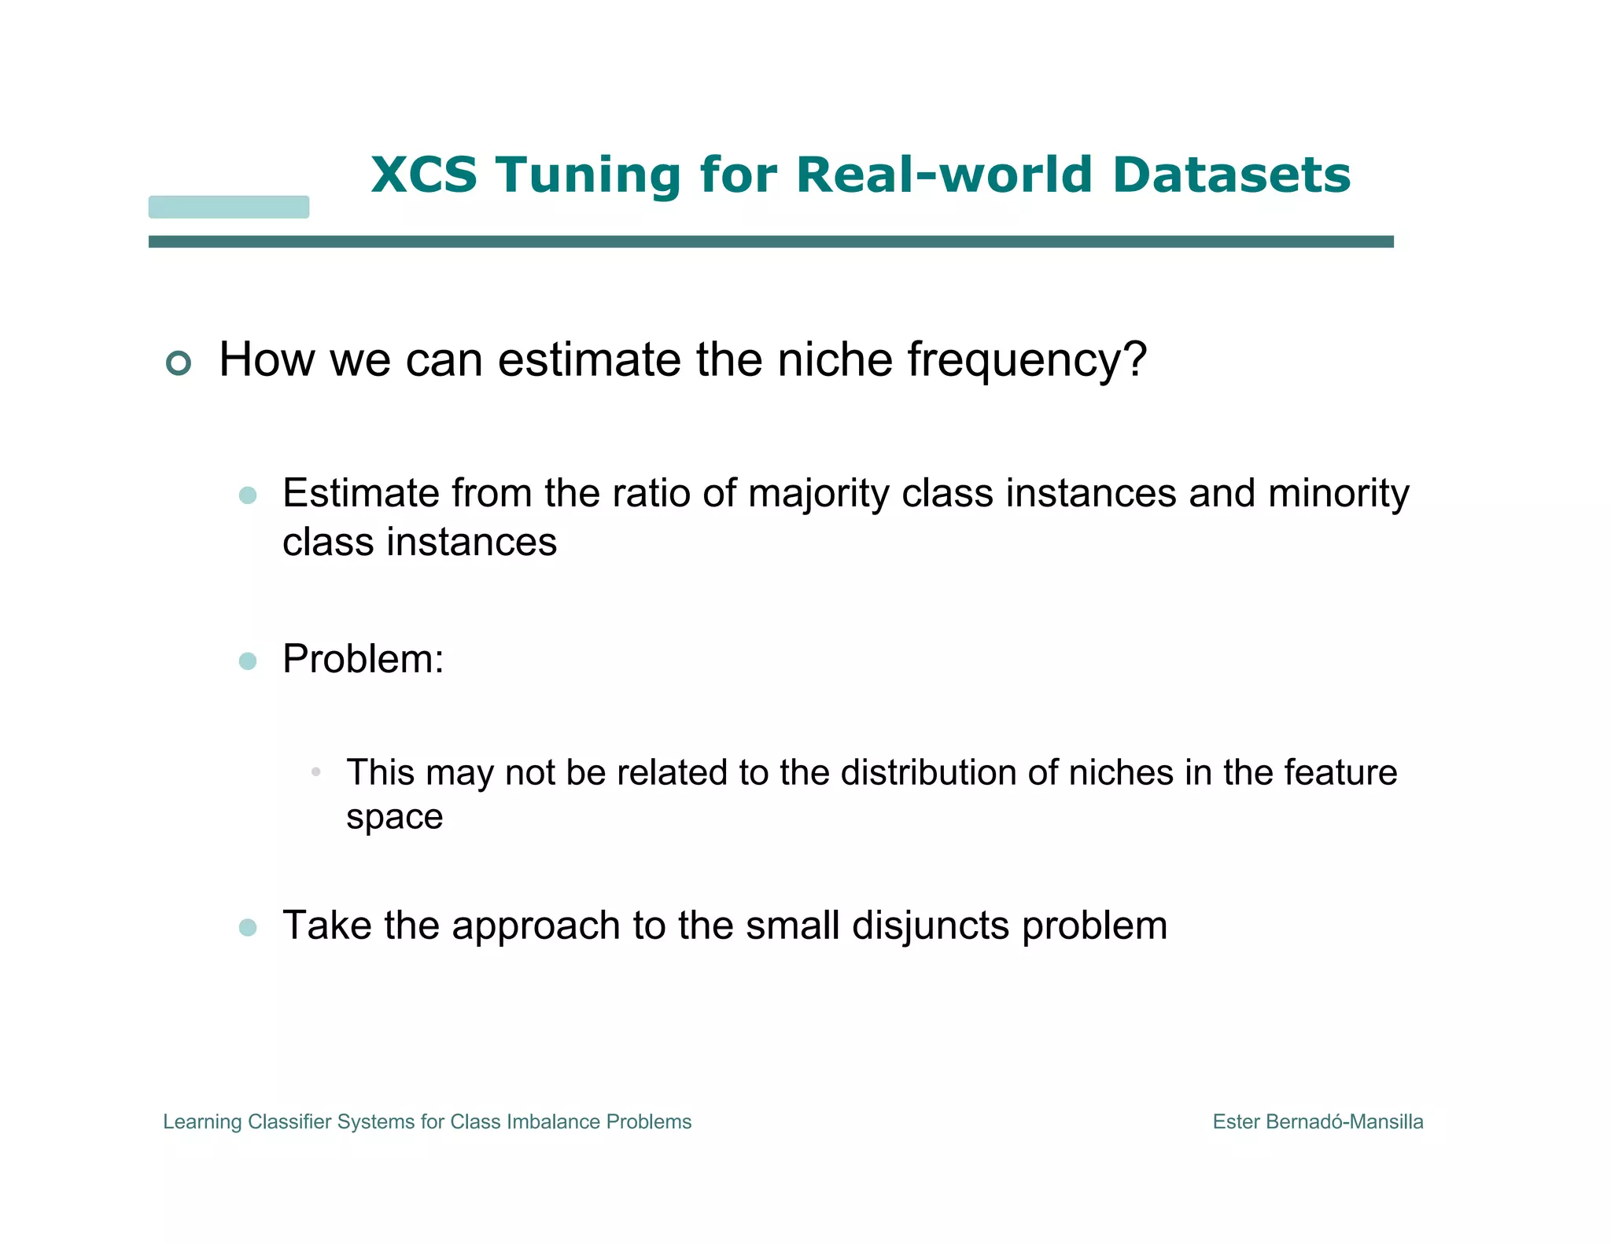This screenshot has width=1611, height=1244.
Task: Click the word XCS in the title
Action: (x=424, y=175)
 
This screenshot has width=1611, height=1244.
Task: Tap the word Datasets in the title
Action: (x=1231, y=175)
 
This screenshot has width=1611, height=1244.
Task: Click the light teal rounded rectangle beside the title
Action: (x=229, y=207)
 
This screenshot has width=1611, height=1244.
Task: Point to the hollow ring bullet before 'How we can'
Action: (x=179, y=363)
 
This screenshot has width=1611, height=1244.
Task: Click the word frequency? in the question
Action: (x=1027, y=360)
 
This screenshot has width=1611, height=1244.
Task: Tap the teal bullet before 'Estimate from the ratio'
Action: (x=248, y=495)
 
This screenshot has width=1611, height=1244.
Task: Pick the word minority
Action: (x=1338, y=495)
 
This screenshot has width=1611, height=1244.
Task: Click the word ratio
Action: (x=652, y=494)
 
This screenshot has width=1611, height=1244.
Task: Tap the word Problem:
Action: (x=363, y=659)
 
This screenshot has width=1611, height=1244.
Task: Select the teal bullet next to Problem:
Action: (x=248, y=661)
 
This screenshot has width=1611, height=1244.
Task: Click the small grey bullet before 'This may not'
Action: (x=315, y=772)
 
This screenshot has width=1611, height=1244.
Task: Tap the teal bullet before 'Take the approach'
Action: (x=248, y=927)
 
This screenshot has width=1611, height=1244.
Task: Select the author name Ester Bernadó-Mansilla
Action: (x=1318, y=1122)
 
